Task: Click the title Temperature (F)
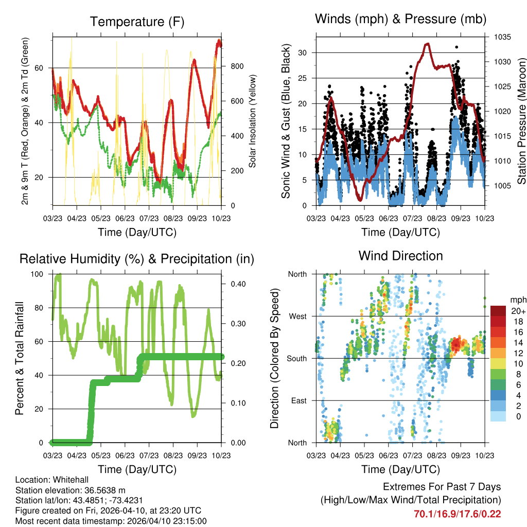137,22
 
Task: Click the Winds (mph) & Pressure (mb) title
400,19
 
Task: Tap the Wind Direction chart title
400,256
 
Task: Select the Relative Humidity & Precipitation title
137,259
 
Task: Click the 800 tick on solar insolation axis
237,66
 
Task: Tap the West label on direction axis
297,316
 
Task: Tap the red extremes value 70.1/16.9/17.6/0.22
457,514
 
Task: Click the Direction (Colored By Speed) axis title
275,358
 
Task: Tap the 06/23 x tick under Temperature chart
125,218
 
